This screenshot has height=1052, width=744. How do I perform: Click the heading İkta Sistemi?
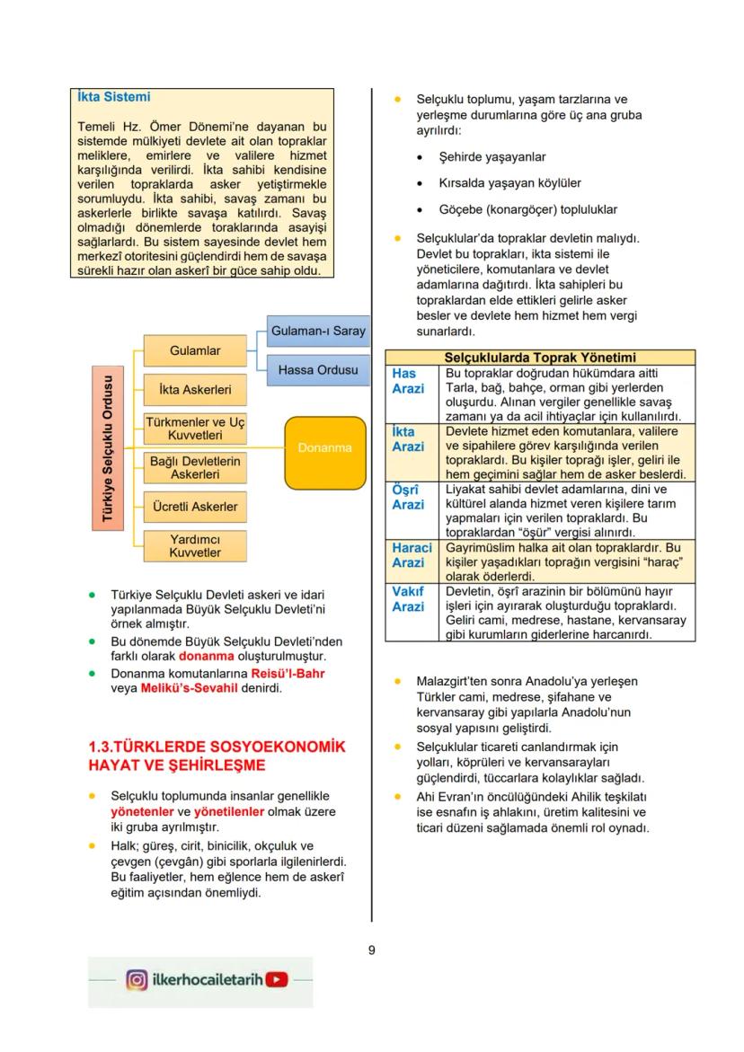coord(112,97)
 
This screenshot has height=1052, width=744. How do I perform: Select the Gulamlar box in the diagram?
coord(195,350)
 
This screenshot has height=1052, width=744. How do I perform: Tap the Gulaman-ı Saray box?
coord(318,332)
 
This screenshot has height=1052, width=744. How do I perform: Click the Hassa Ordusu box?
coord(318,370)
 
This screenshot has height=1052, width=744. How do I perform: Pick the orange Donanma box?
coord(325,447)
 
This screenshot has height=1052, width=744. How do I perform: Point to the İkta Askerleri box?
coord(195,390)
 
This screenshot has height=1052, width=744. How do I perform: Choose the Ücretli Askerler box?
coord(195,507)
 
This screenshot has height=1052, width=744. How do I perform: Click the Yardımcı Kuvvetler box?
coord(195,546)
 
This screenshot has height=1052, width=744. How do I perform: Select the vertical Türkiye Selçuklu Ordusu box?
coord(108,447)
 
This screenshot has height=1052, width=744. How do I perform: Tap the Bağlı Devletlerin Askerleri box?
coord(195,467)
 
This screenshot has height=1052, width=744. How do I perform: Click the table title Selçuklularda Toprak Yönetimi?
coord(540,357)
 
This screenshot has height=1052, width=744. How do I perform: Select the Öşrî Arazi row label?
coord(407,497)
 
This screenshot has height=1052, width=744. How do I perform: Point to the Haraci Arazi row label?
coord(412,554)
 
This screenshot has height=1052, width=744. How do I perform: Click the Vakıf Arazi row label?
coord(407,599)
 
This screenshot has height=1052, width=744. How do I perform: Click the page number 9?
coord(371,950)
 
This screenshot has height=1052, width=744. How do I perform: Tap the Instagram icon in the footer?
coord(137,980)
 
